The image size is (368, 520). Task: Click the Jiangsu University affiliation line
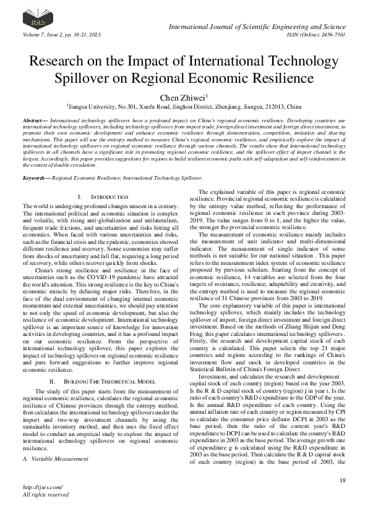[x=184, y=107]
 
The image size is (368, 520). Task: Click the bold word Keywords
[x=36, y=177]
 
